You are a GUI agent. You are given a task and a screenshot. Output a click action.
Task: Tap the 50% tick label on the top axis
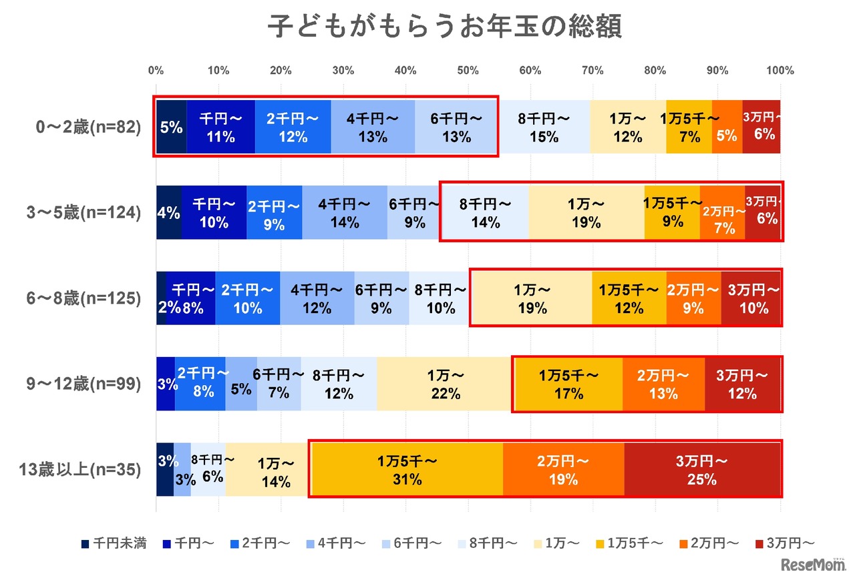[468, 70]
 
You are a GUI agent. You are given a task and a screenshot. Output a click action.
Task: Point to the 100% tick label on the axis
[780, 70]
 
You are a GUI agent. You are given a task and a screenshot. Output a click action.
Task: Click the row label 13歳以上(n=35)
[81, 469]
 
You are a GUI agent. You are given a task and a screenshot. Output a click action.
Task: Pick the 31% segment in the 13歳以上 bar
[407, 469]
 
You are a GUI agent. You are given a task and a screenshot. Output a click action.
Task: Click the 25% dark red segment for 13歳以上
[701, 469]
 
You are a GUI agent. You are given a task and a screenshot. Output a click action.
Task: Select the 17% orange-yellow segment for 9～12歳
[568, 384]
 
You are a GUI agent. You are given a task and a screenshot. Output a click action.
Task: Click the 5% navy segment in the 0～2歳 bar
[172, 127]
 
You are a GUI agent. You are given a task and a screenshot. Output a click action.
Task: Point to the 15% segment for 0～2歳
[543, 127]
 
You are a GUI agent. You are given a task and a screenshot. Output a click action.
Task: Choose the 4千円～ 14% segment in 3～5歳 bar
[345, 213]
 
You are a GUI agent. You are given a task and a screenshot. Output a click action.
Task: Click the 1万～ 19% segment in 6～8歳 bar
[532, 299]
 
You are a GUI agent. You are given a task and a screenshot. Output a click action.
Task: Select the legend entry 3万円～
[785, 543]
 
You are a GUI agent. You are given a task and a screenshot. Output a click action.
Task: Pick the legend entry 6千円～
[409, 543]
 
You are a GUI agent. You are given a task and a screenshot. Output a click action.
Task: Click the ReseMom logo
[812, 565]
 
